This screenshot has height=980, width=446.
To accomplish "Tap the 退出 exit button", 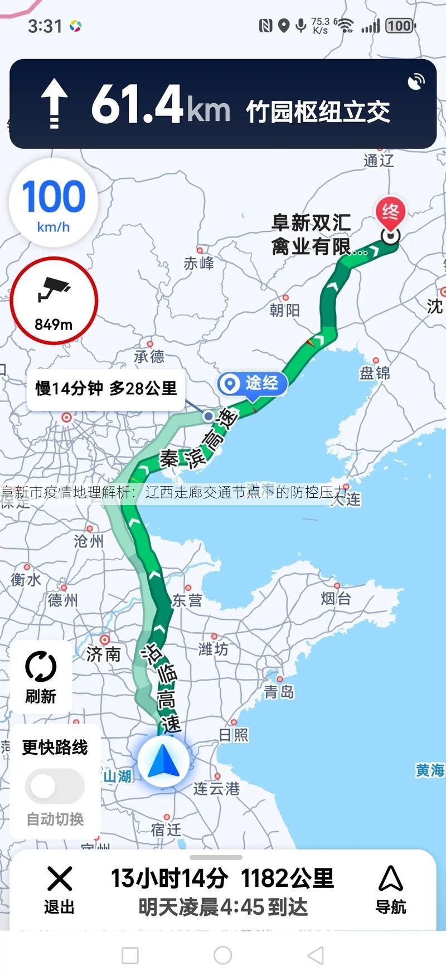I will point(59,890).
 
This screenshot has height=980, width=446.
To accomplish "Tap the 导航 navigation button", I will point(390,890).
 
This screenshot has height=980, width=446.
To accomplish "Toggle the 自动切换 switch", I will point(55,787).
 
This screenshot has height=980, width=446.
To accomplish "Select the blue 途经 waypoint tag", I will point(253,384).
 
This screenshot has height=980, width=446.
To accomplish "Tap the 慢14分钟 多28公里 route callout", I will point(106,389).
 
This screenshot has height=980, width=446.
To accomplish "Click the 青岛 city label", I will point(279,692).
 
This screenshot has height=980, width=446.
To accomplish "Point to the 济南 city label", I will point(104,653).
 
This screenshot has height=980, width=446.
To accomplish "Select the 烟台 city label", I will point(336,599).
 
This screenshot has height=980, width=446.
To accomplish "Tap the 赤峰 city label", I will point(198,263).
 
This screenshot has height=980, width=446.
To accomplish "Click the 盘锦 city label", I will point(375,373).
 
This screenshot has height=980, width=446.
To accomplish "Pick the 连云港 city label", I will point(216,788).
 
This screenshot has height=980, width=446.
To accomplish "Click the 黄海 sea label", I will point(430,770).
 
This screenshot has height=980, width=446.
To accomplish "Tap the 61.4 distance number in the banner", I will point(137,104).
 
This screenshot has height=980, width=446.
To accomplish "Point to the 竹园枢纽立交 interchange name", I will point(318,111).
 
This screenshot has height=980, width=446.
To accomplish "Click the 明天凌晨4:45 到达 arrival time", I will point(223,908).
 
